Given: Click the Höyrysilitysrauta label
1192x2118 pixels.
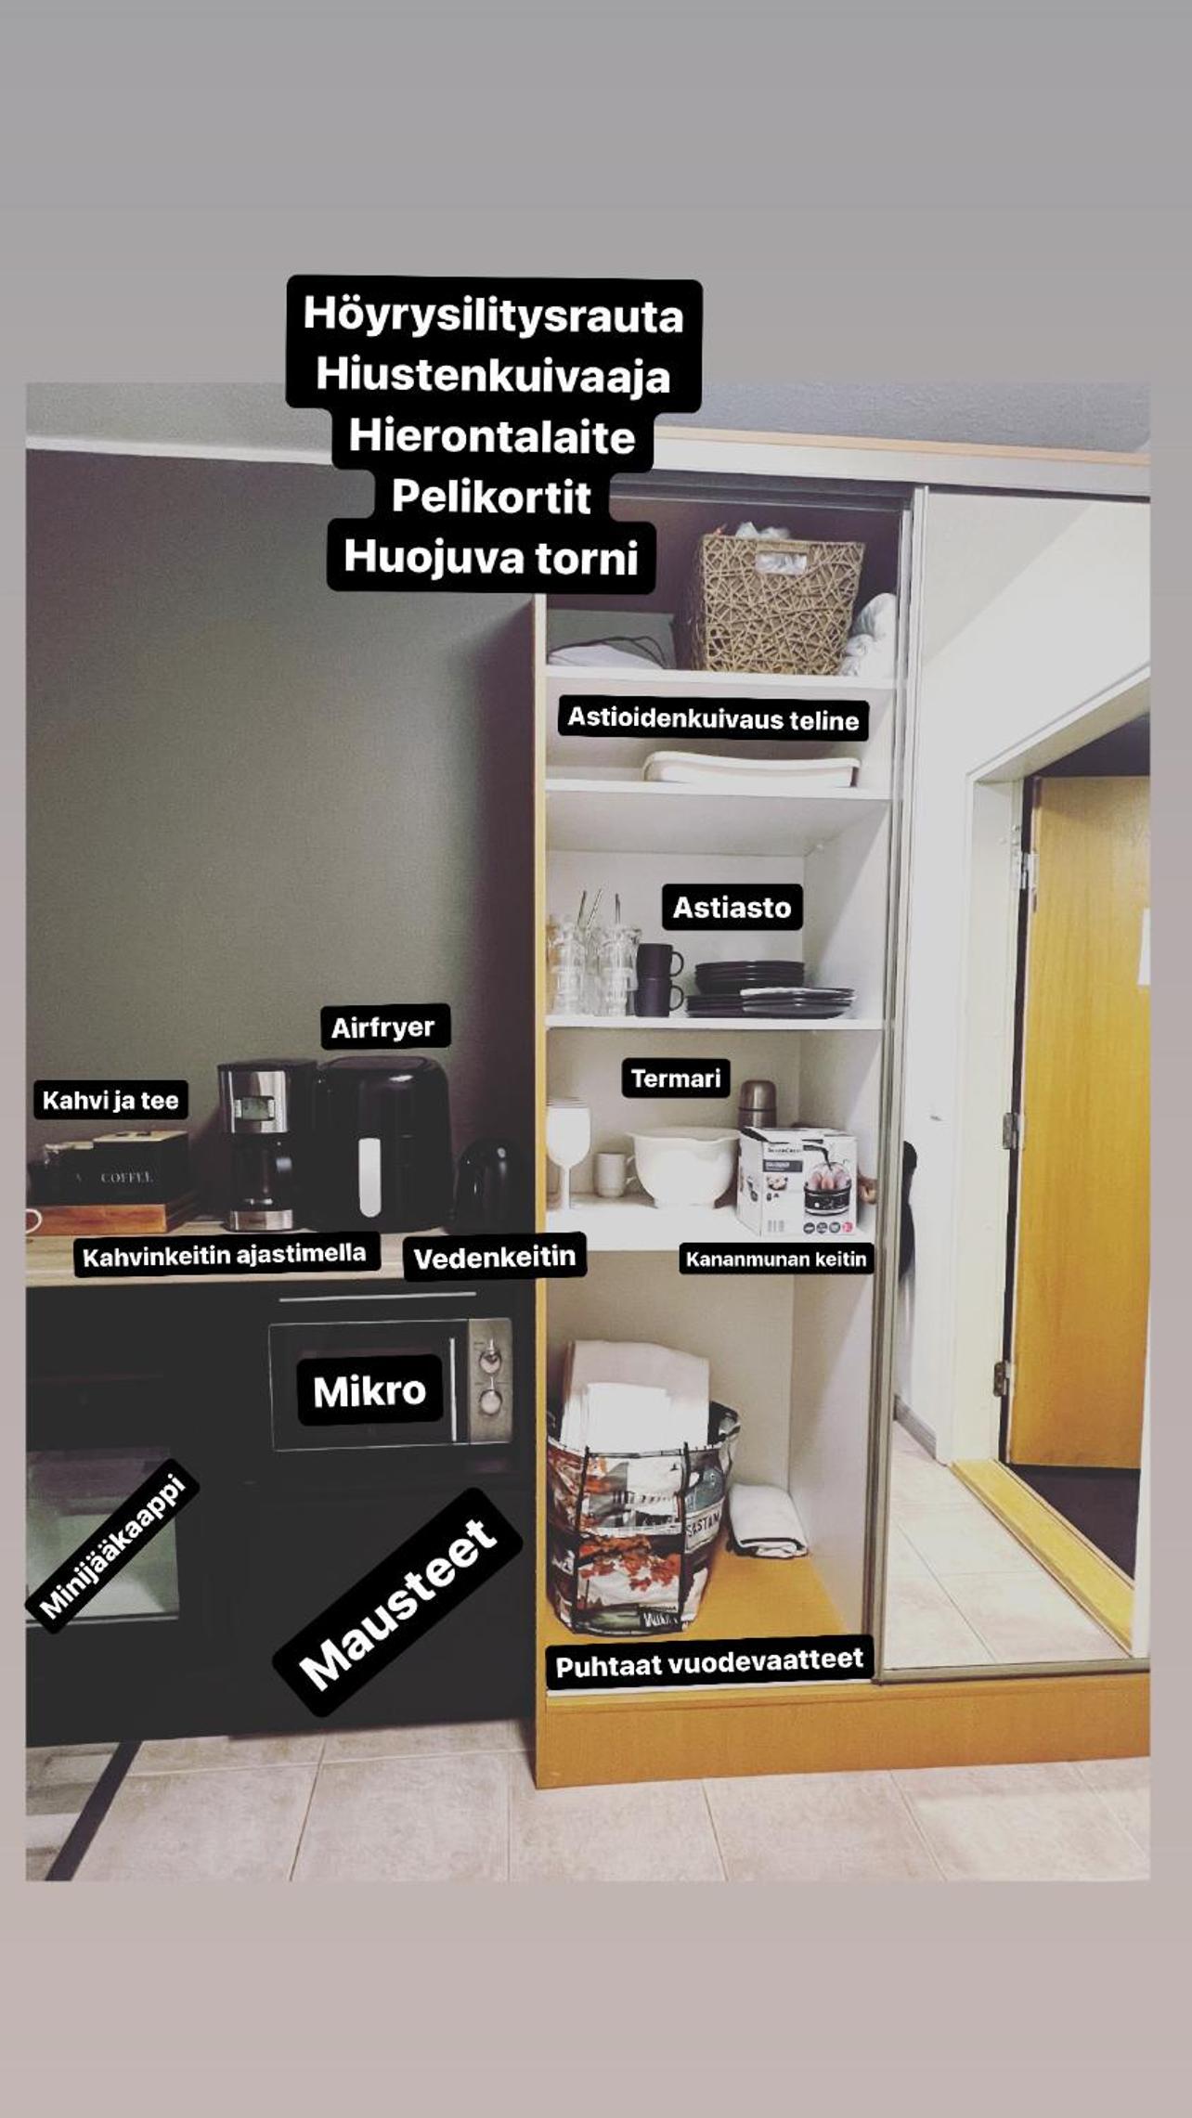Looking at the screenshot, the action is [493, 316].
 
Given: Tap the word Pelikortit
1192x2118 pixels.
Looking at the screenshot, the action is [491, 497].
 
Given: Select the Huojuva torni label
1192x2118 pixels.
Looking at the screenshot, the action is [491, 557].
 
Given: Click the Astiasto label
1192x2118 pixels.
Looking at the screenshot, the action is [732, 907].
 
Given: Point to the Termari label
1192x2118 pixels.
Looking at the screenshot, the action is [676, 1078].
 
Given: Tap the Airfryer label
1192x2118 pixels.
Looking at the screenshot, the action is [383, 1027].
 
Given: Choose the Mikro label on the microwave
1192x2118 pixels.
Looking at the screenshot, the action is [369, 1390].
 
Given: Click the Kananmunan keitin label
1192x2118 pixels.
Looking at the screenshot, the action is [776, 1259].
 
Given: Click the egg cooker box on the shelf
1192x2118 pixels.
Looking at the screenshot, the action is [797, 1181].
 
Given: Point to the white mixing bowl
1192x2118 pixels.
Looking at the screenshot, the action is [685, 1168].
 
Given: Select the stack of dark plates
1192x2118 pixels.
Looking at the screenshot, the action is [767, 989].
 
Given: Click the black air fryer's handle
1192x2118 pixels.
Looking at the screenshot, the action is [369, 1175].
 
